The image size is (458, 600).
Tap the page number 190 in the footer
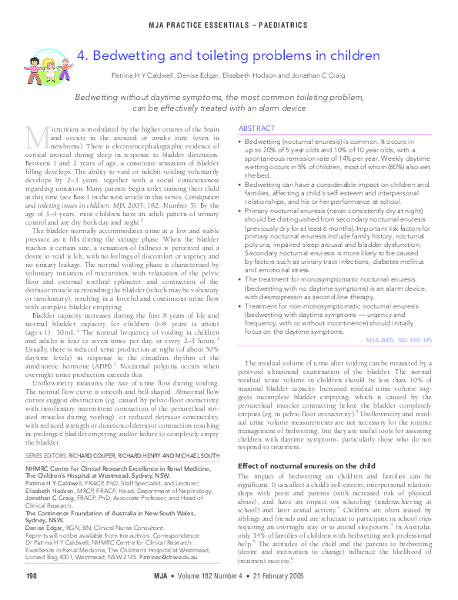32,576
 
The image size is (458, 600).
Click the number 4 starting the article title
82,56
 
